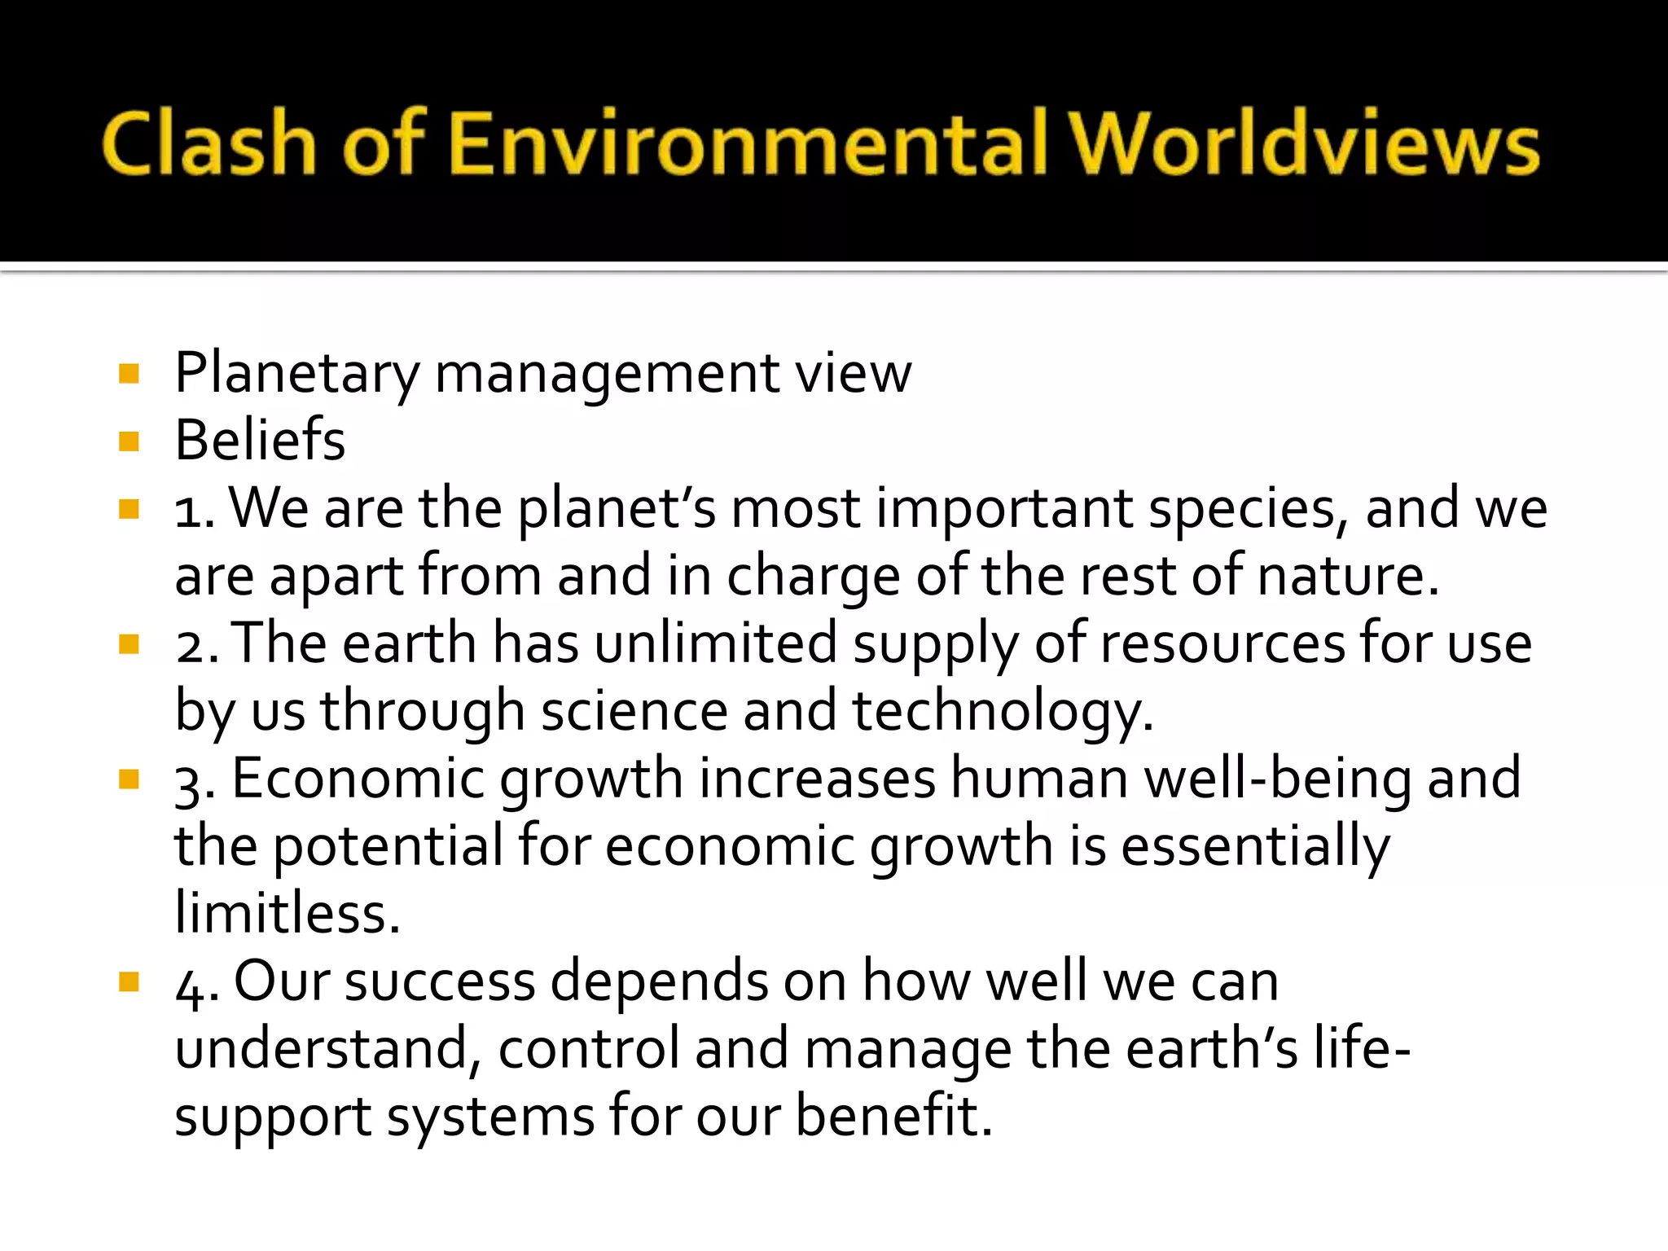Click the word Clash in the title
(x=208, y=144)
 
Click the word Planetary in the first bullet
(x=296, y=374)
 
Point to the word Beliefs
(x=260, y=441)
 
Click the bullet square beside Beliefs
(x=129, y=441)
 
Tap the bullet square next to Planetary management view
(x=129, y=374)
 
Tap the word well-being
(x=1279, y=779)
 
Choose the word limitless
(x=287, y=913)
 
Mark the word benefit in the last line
(x=893, y=1115)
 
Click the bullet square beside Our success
(x=129, y=981)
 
